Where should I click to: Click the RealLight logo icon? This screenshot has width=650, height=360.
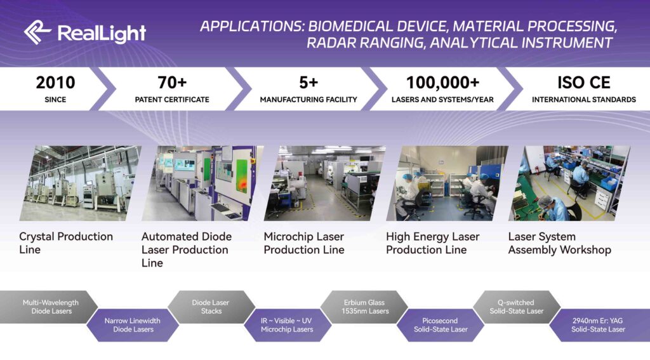pos(37,32)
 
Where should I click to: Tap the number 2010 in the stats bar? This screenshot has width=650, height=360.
pos(56,83)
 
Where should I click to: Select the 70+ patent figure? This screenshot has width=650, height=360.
pos(172,83)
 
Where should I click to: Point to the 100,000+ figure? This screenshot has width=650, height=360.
pos(442,83)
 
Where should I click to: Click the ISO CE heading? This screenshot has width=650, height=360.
pos(584,83)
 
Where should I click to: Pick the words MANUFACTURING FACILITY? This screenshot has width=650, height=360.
pos(308,100)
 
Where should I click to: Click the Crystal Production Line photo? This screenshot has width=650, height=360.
pos(81,183)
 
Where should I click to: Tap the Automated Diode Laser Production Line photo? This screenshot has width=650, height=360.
pos(202,183)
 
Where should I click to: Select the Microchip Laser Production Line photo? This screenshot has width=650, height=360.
pos(325,183)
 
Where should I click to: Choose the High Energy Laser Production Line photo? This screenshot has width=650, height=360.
pos(448,183)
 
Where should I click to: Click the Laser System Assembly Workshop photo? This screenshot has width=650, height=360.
pos(569,183)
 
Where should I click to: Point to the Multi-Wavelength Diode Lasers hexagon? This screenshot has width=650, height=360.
pos(49,307)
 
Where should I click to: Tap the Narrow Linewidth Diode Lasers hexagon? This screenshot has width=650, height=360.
pos(133,324)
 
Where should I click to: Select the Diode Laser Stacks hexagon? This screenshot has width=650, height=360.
pos(211,307)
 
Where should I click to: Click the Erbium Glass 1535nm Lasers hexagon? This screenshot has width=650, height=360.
pos(365,307)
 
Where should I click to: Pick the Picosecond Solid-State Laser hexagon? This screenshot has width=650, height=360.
pos(441,324)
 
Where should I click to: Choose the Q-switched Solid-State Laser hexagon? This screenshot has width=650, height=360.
pos(517,307)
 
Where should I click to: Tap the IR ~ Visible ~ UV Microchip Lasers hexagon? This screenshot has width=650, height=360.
pos(288,324)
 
